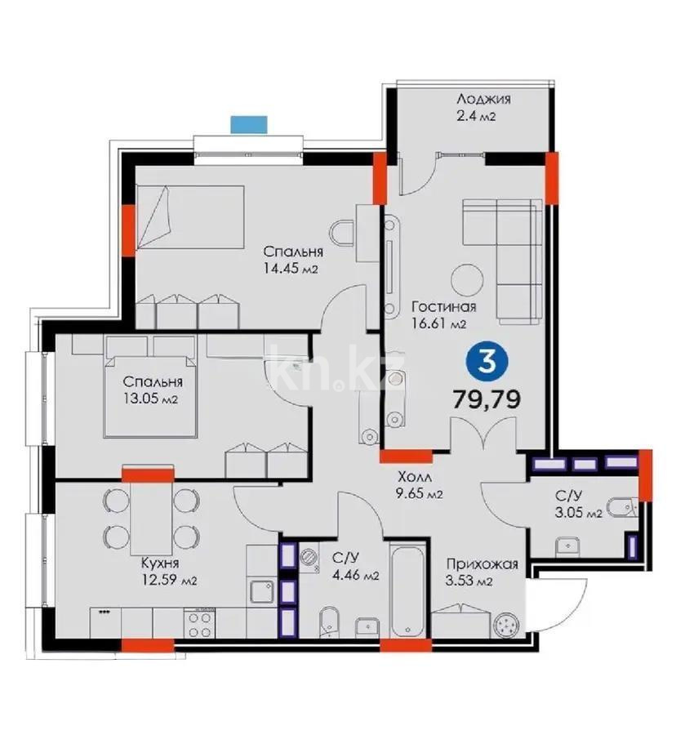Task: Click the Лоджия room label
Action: pos(484,99)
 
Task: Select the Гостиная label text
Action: pos(443,307)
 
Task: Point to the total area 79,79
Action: pos(487,399)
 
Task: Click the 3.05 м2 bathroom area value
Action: pos(579,514)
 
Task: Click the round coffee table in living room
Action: pos(469,280)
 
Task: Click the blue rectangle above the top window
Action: pos(249,124)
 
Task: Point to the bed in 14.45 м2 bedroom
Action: pos(191,216)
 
